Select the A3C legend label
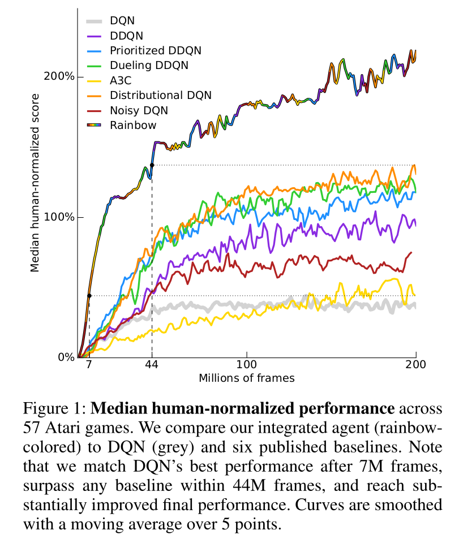122,80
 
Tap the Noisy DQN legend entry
139,110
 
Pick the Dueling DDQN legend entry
149,66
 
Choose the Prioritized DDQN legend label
156,51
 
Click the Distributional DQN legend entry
161,95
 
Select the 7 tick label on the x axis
89,365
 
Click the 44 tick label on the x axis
152,365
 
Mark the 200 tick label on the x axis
416,365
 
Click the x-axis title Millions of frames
247,377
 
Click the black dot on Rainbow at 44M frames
152,165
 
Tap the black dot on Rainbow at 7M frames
89,295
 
